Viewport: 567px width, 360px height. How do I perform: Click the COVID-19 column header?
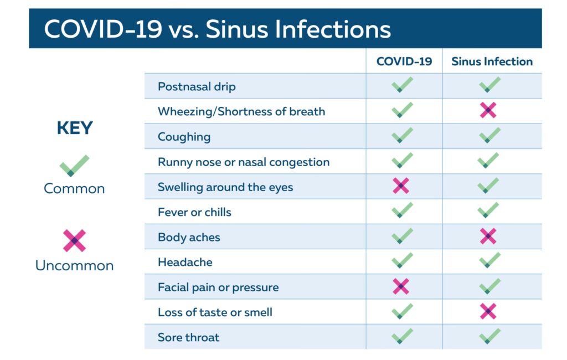(404, 61)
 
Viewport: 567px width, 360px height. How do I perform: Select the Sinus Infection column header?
(492, 61)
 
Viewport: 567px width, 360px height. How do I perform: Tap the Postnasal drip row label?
(197, 86)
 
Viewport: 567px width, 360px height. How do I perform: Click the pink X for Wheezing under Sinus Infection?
(488, 110)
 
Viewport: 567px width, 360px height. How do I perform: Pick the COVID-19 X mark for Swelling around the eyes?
(401, 186)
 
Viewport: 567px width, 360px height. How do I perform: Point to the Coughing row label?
(184, 137)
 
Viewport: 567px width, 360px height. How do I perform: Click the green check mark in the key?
(75, 166)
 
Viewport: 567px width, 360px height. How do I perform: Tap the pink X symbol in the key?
(75, 240)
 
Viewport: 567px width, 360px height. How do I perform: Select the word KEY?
(75, 128)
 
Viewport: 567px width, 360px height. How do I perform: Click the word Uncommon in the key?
(75, 265)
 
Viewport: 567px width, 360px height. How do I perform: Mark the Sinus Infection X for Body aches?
(488, 236)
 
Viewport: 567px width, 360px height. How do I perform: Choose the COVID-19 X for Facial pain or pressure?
(401, 286)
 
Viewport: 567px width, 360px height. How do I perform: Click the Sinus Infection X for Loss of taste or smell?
(488, 311)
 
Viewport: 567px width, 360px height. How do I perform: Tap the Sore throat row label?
(188, 337)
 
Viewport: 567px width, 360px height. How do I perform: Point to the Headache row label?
(185, 262)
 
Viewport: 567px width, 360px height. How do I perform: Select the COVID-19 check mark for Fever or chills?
(402, 210)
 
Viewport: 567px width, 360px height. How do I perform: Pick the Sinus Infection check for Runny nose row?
(488, 160)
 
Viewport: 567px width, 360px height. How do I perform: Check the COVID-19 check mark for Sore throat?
(402, 336)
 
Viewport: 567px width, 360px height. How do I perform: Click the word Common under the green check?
(75, 188)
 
